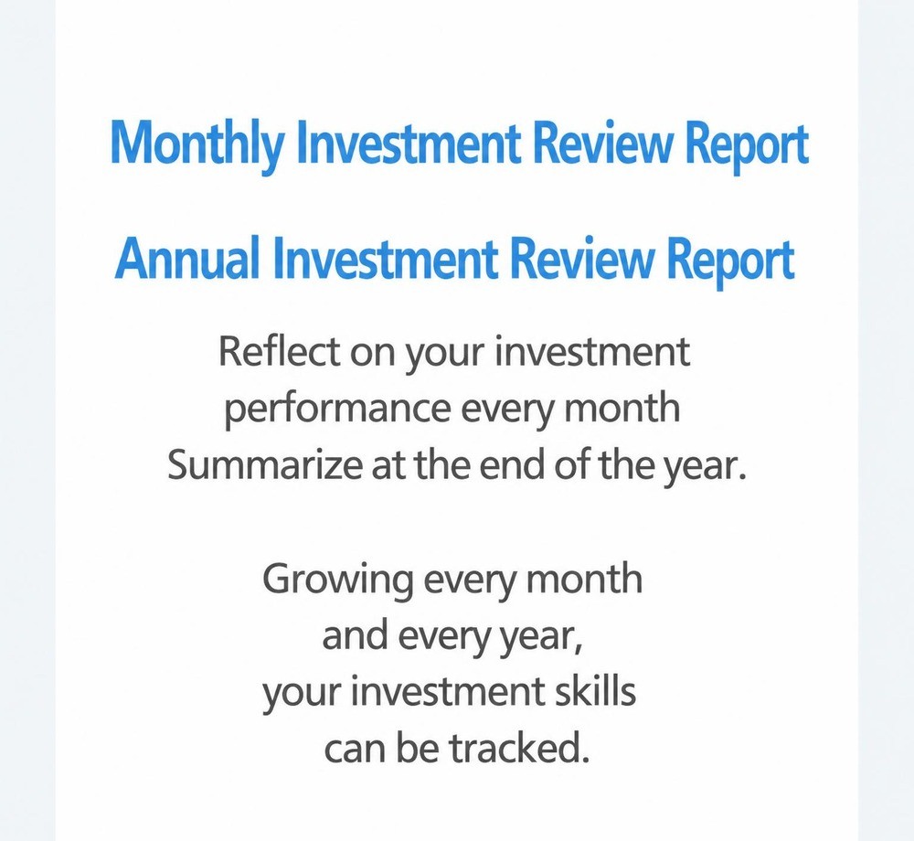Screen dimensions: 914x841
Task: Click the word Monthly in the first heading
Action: click(197, 144)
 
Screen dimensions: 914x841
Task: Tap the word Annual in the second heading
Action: click(186, 258)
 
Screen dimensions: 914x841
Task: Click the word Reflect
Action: click(279, 351)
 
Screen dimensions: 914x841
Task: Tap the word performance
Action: click(337, 410)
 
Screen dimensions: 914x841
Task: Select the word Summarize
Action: click(265, 465)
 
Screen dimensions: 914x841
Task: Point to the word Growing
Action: click(338, 580)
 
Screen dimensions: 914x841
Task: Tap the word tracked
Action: click(519, 748)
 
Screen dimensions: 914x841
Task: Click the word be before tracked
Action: click(418, 748)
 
